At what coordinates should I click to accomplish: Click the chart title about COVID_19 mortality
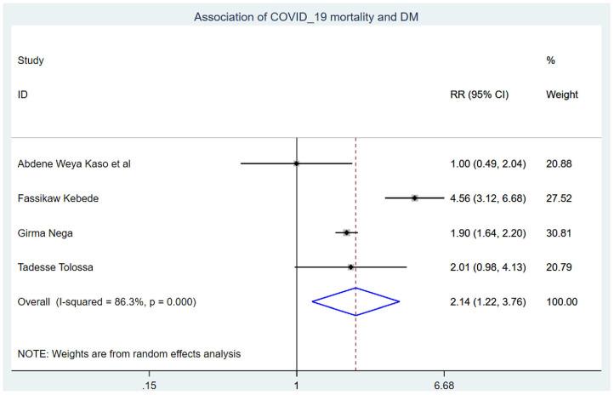coord(306,16)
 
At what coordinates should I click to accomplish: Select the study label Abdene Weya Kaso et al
coord(74,163)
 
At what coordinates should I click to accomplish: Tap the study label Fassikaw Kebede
coord(57,198)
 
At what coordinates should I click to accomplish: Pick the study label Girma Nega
coord(46,232)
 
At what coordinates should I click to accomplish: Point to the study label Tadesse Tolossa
coord(56,268)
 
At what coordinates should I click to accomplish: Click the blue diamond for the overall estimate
coord(355,301)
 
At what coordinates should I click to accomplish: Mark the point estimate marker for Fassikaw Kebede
coord(415,197)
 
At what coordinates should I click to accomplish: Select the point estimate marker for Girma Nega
coord(346,232)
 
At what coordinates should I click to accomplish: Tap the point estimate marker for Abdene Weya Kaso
coord(296,163)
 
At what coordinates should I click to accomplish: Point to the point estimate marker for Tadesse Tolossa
coord(351,267)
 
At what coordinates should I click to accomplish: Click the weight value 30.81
coord(563,232)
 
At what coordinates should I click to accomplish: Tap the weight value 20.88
coord(563,163)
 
